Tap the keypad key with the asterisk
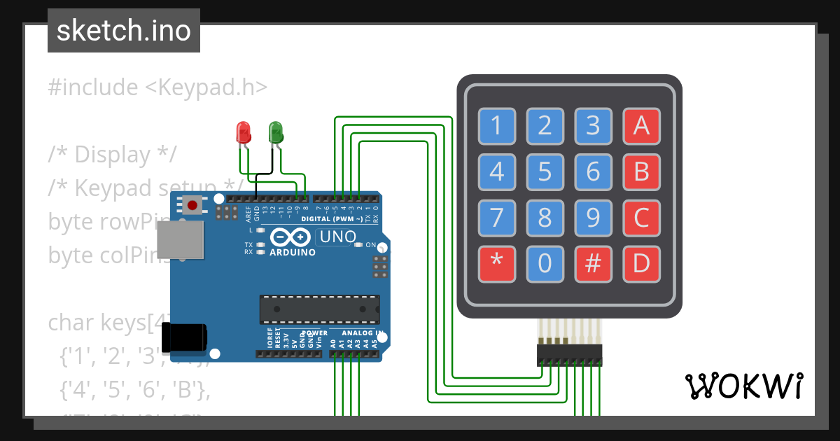pos(497,263)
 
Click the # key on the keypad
pos(593,263)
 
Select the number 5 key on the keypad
pos(545,171)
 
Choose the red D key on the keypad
pos(641,263)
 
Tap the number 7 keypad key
pos(497,218)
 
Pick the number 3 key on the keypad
pos(593,126)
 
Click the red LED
pos(243,132)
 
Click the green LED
pos(275,132)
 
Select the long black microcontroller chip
pos(320,309)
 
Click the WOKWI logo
pos(743,386)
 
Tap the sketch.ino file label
pos(124,31)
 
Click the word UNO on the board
pos(338,237)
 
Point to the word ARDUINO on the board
pos(293,252)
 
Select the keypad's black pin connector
pos(569,355)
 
